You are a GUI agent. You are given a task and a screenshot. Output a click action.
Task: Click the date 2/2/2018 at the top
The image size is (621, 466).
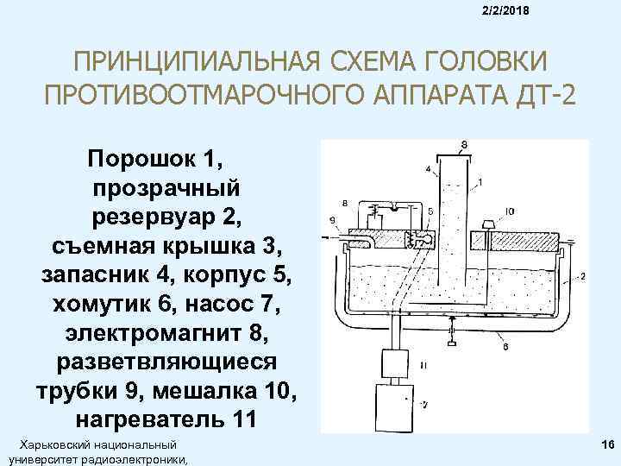click(505, 10)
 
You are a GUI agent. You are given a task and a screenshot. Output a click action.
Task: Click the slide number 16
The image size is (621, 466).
click(608, 444)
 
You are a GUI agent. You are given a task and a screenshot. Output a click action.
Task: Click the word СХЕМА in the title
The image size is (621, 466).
click(371, 62)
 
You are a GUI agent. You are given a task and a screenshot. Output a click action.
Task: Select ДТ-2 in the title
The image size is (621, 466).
click(545, 95)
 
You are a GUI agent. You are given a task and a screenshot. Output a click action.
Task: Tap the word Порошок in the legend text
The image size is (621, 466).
click(141, 160)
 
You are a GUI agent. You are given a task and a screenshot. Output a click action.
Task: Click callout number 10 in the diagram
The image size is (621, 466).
click(510, 211)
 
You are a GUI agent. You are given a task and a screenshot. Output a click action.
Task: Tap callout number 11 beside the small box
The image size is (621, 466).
click(423, 365)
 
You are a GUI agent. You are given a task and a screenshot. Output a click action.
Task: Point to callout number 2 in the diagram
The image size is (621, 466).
click(583, 276)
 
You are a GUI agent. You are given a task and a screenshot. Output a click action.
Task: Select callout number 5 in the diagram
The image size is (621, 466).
click(430, 211)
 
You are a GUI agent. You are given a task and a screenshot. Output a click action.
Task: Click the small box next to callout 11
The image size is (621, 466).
click(395, 364)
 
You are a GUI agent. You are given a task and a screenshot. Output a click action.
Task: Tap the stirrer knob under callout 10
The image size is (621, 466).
click(488, 225)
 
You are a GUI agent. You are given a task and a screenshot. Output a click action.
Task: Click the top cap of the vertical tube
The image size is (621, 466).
click(454, 157)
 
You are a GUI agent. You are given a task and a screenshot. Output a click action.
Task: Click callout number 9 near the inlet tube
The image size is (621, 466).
click(332, 218)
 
